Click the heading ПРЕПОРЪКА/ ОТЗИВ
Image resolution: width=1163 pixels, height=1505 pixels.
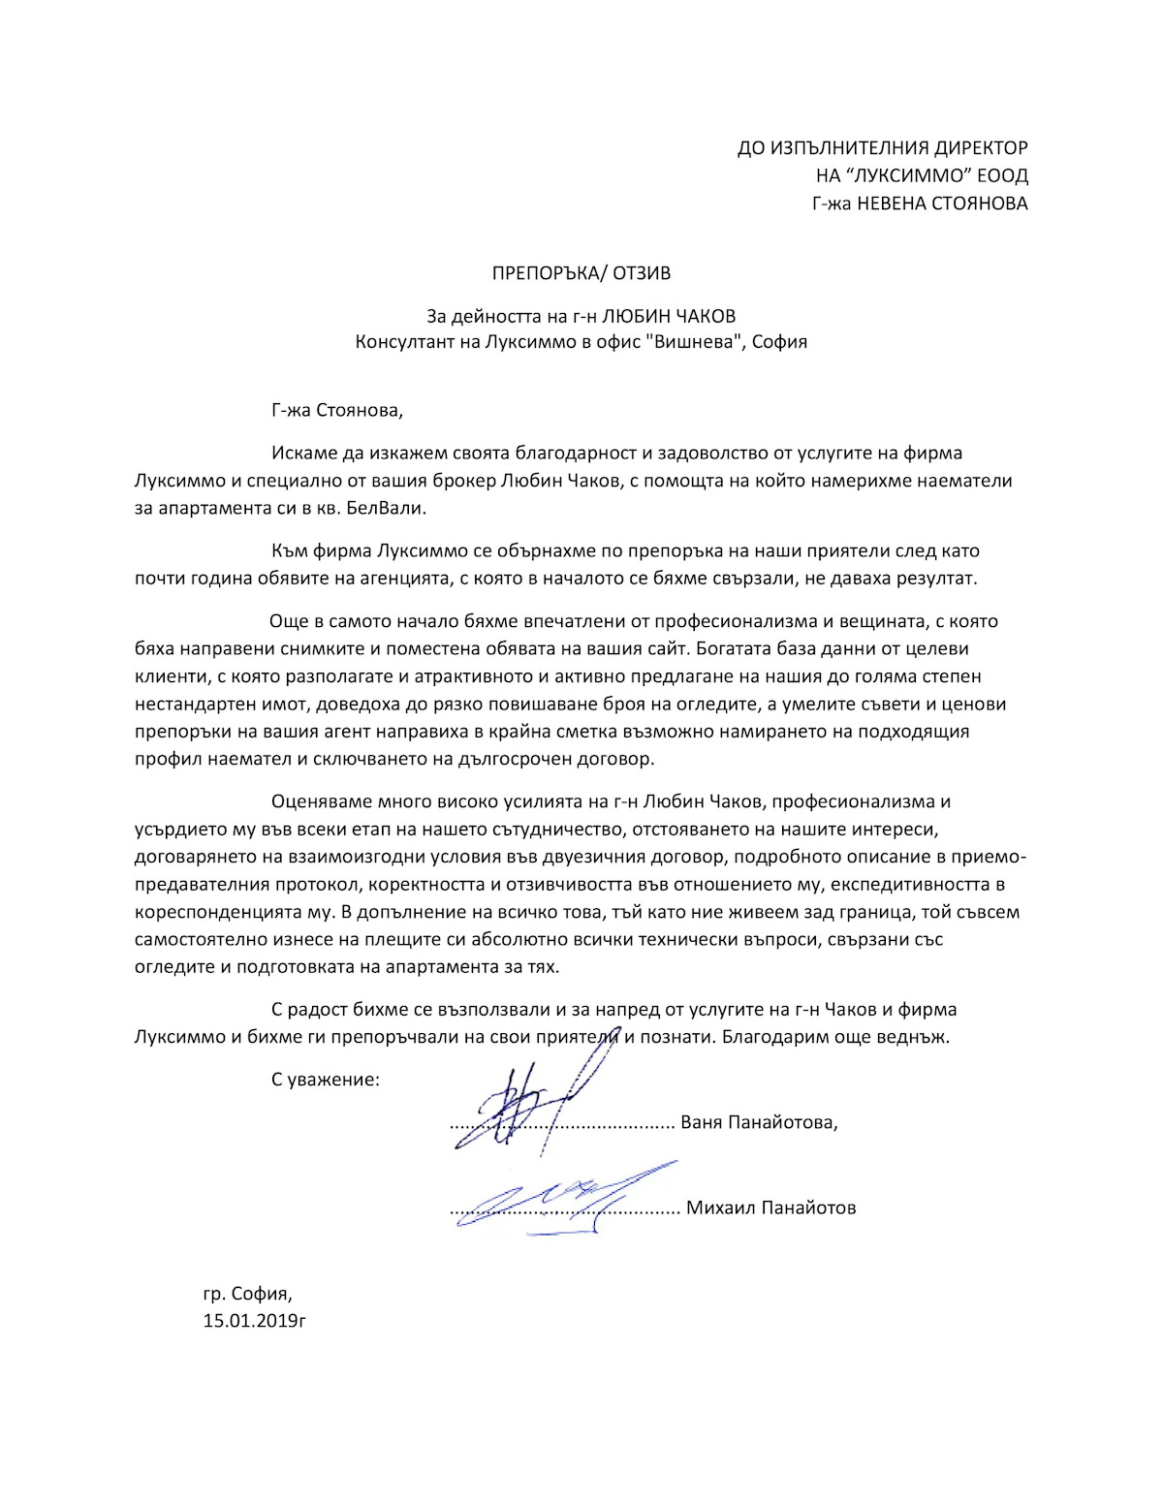coord(581,274)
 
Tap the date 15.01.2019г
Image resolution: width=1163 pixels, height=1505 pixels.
coord(255,1320)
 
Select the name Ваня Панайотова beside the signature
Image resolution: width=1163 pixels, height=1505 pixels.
coord(757,1122)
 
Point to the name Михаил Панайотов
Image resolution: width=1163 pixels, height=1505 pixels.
coord(770,1208)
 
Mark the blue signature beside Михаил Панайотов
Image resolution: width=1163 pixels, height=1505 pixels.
coord(562,1194)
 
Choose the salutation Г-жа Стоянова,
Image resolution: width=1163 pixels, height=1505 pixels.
coord(336,410)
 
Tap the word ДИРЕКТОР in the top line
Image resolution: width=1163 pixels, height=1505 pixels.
coord(980,148)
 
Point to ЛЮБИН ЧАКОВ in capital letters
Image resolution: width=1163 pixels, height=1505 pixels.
coord(669,316)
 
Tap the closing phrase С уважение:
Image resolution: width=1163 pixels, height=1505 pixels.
coord(326,1079)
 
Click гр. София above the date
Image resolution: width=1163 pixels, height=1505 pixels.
coord(246,1293)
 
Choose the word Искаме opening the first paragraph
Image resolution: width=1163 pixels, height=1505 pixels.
coord(303,453)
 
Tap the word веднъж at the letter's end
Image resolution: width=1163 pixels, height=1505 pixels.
coord(917,1036)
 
